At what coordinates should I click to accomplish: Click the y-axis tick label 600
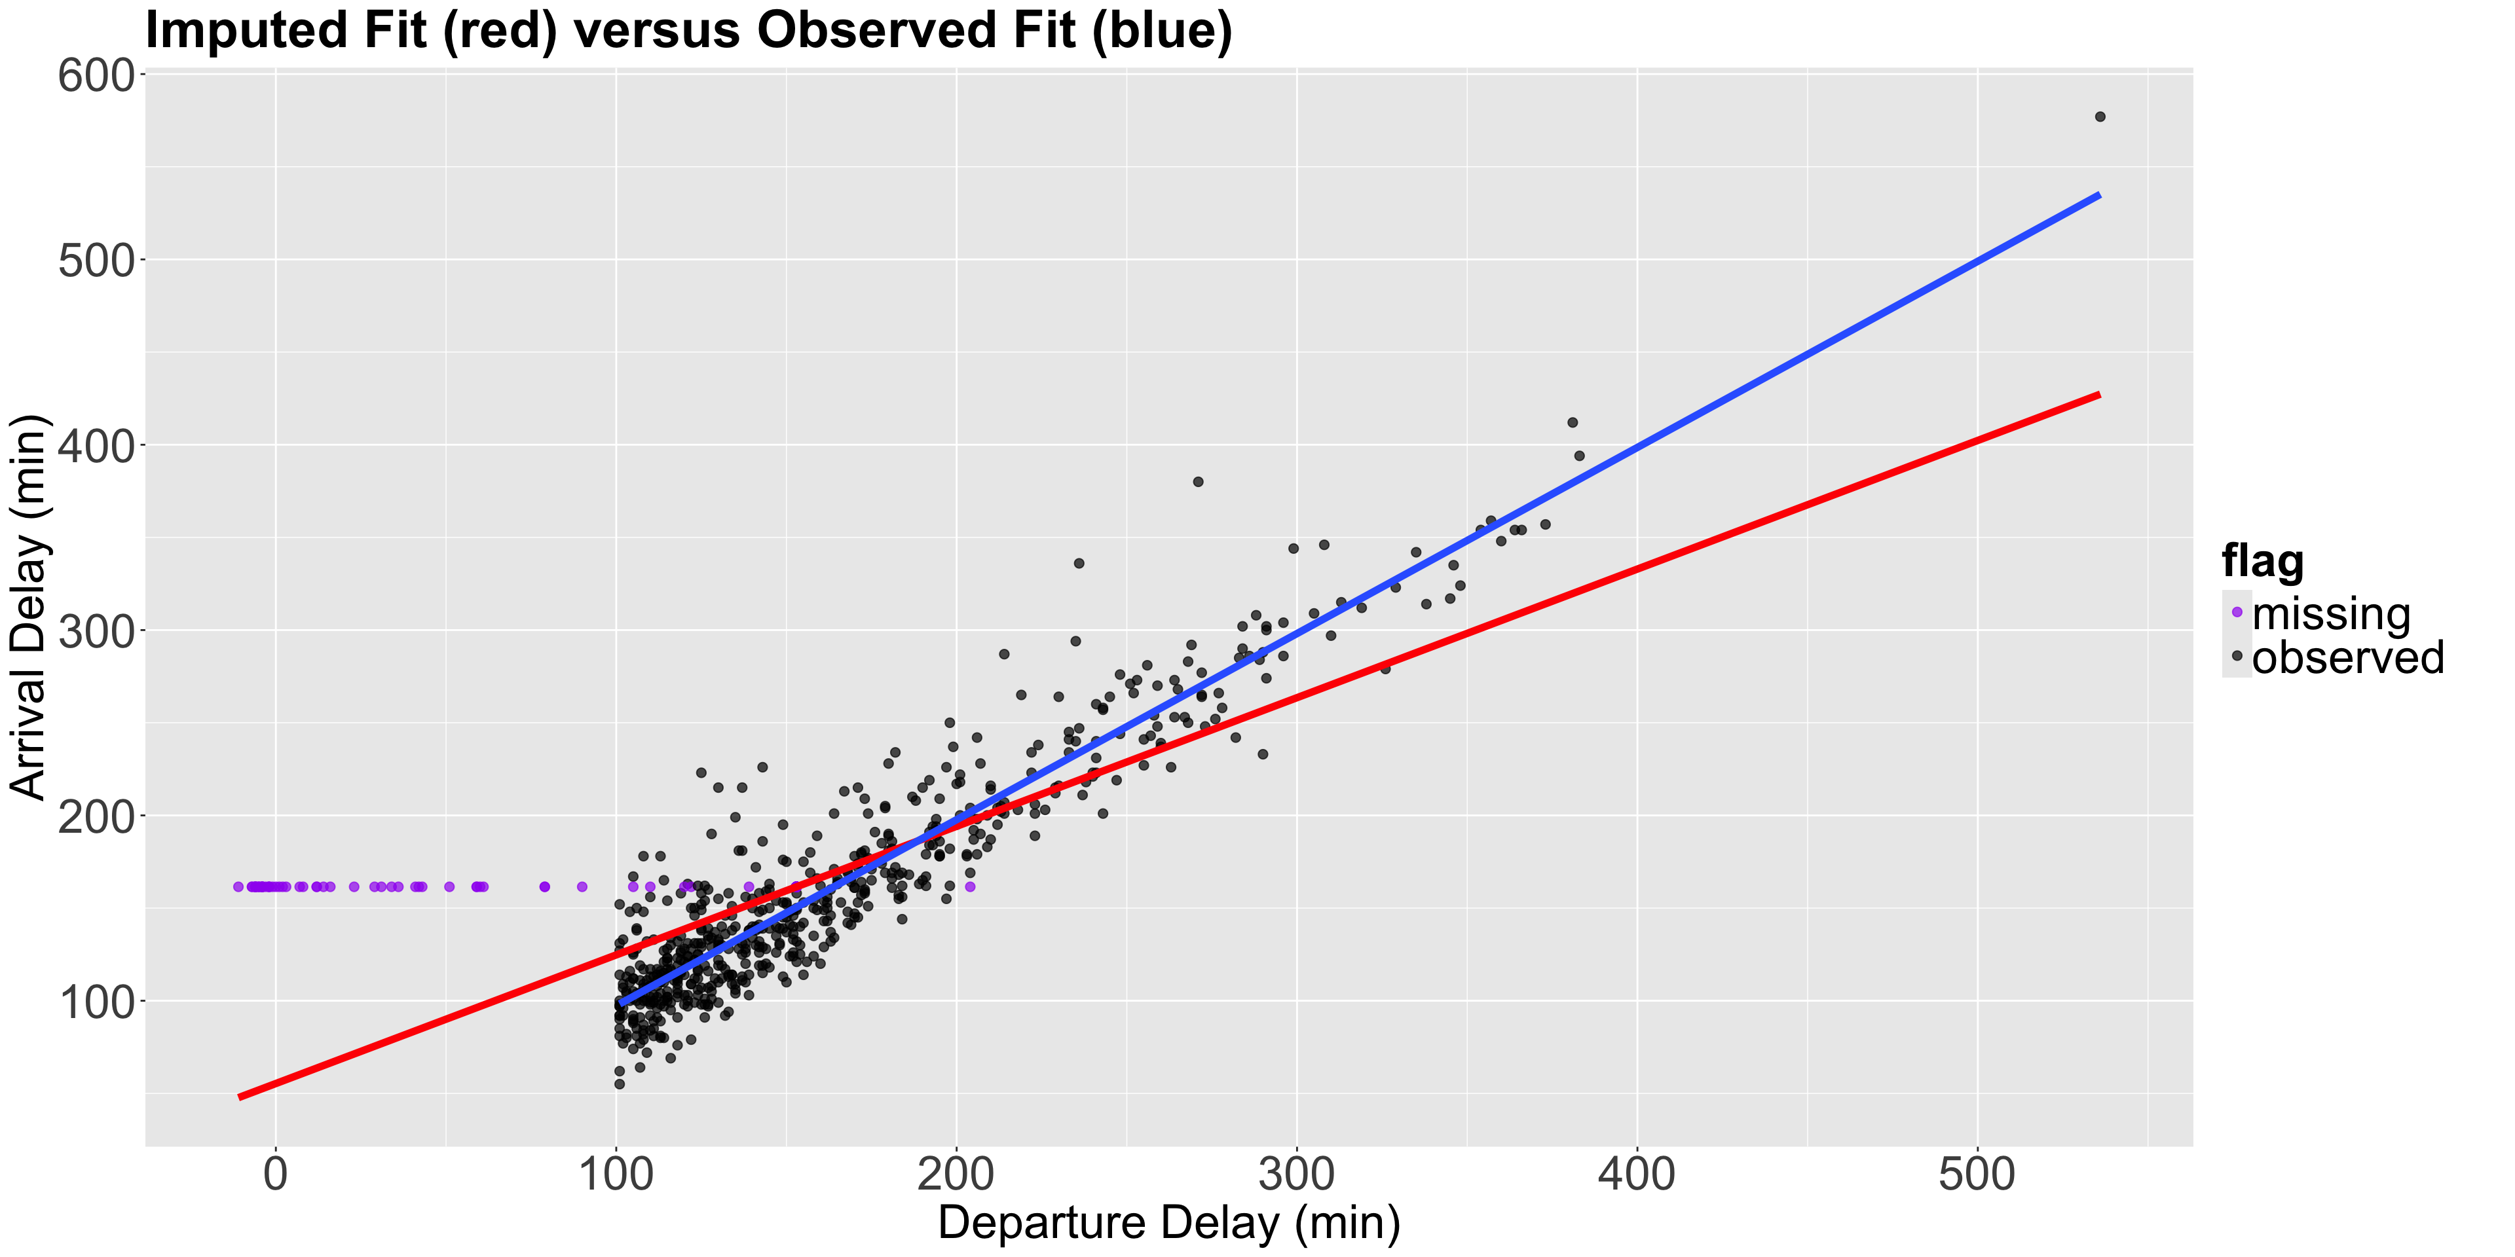pyautogui.click(x=95, y=76)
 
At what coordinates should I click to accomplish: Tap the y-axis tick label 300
pyautogui.click(x=95, y=631)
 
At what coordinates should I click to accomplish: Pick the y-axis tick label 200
pyautogui.click(x=95, y=817)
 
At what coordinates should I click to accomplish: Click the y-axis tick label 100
pyautogui.click(x=95, y=1002)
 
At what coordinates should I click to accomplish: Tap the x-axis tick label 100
pyautogui.click(x=616, y=1174)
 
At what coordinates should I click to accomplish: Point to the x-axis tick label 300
pyautogui.click(x=1297, y=1174)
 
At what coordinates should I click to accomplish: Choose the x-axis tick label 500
pyautogui.click(x=1977, y=1174)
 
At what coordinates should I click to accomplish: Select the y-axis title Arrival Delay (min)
pyautogui.click(x=29, y=607)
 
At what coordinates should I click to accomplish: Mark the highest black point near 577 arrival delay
pyautogui.click(x=2100, y=117)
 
